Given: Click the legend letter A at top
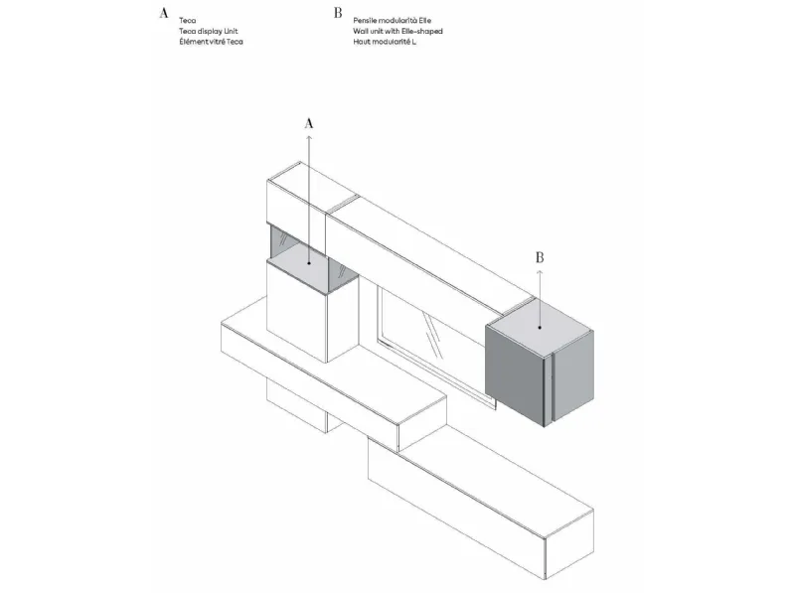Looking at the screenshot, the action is click(x=163, y=13).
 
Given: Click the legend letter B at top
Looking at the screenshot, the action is click(x=338, y=13).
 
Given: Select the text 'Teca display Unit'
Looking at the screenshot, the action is click(x=209, y=31).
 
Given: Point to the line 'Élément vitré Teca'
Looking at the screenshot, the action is click(x=211, y=42).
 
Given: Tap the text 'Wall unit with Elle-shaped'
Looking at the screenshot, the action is click(x=398, y=31).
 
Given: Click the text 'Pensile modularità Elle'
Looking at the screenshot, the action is click(x=392, y=21).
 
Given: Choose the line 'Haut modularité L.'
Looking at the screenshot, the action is click(x=385, y=42).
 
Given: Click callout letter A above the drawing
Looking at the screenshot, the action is click(x=309, y=123).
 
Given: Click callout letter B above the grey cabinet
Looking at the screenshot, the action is click(x=540, y=257).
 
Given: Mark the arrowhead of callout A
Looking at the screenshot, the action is click(x=309, y=136).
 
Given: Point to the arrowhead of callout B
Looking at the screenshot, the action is click(x=540, y=272).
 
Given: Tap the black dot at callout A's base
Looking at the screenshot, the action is click(x=309, y=262).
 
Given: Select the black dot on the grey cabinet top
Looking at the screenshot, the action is click(x=540, y=327).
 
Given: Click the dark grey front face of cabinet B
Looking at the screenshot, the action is click(x=515, y=373).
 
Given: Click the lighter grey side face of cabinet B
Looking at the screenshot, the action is click(x=573, y=376).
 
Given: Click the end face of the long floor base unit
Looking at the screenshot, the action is click(x=570, y=544).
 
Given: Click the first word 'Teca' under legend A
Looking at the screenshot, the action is click(x=187, y=21).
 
